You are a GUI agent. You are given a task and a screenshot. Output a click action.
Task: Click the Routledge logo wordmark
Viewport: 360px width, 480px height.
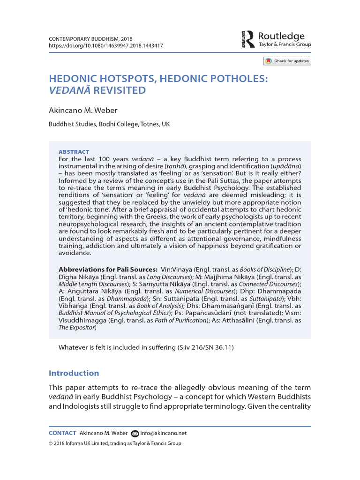pos(281,36)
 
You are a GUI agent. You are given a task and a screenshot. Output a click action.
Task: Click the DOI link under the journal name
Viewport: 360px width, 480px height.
pos(106,45)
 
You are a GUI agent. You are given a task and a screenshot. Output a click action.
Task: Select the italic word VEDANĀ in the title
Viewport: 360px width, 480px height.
pos(70,90)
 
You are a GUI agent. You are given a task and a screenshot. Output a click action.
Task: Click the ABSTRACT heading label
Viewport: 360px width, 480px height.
pos(74,152)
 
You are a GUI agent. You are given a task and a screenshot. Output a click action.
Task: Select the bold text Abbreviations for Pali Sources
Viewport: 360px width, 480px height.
pos(108,270)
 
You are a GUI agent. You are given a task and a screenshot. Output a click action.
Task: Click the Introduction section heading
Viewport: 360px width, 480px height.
pos(74,373)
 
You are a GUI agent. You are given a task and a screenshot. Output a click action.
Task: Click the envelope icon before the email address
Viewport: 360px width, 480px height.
pos(135,433)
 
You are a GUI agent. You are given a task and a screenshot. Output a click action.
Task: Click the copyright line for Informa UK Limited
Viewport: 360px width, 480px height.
pos(115,443)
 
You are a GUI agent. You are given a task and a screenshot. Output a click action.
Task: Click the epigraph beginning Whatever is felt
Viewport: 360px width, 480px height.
pos(146,347)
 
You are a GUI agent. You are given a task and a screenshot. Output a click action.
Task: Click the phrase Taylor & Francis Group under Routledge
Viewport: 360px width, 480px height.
pos(285,45)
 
